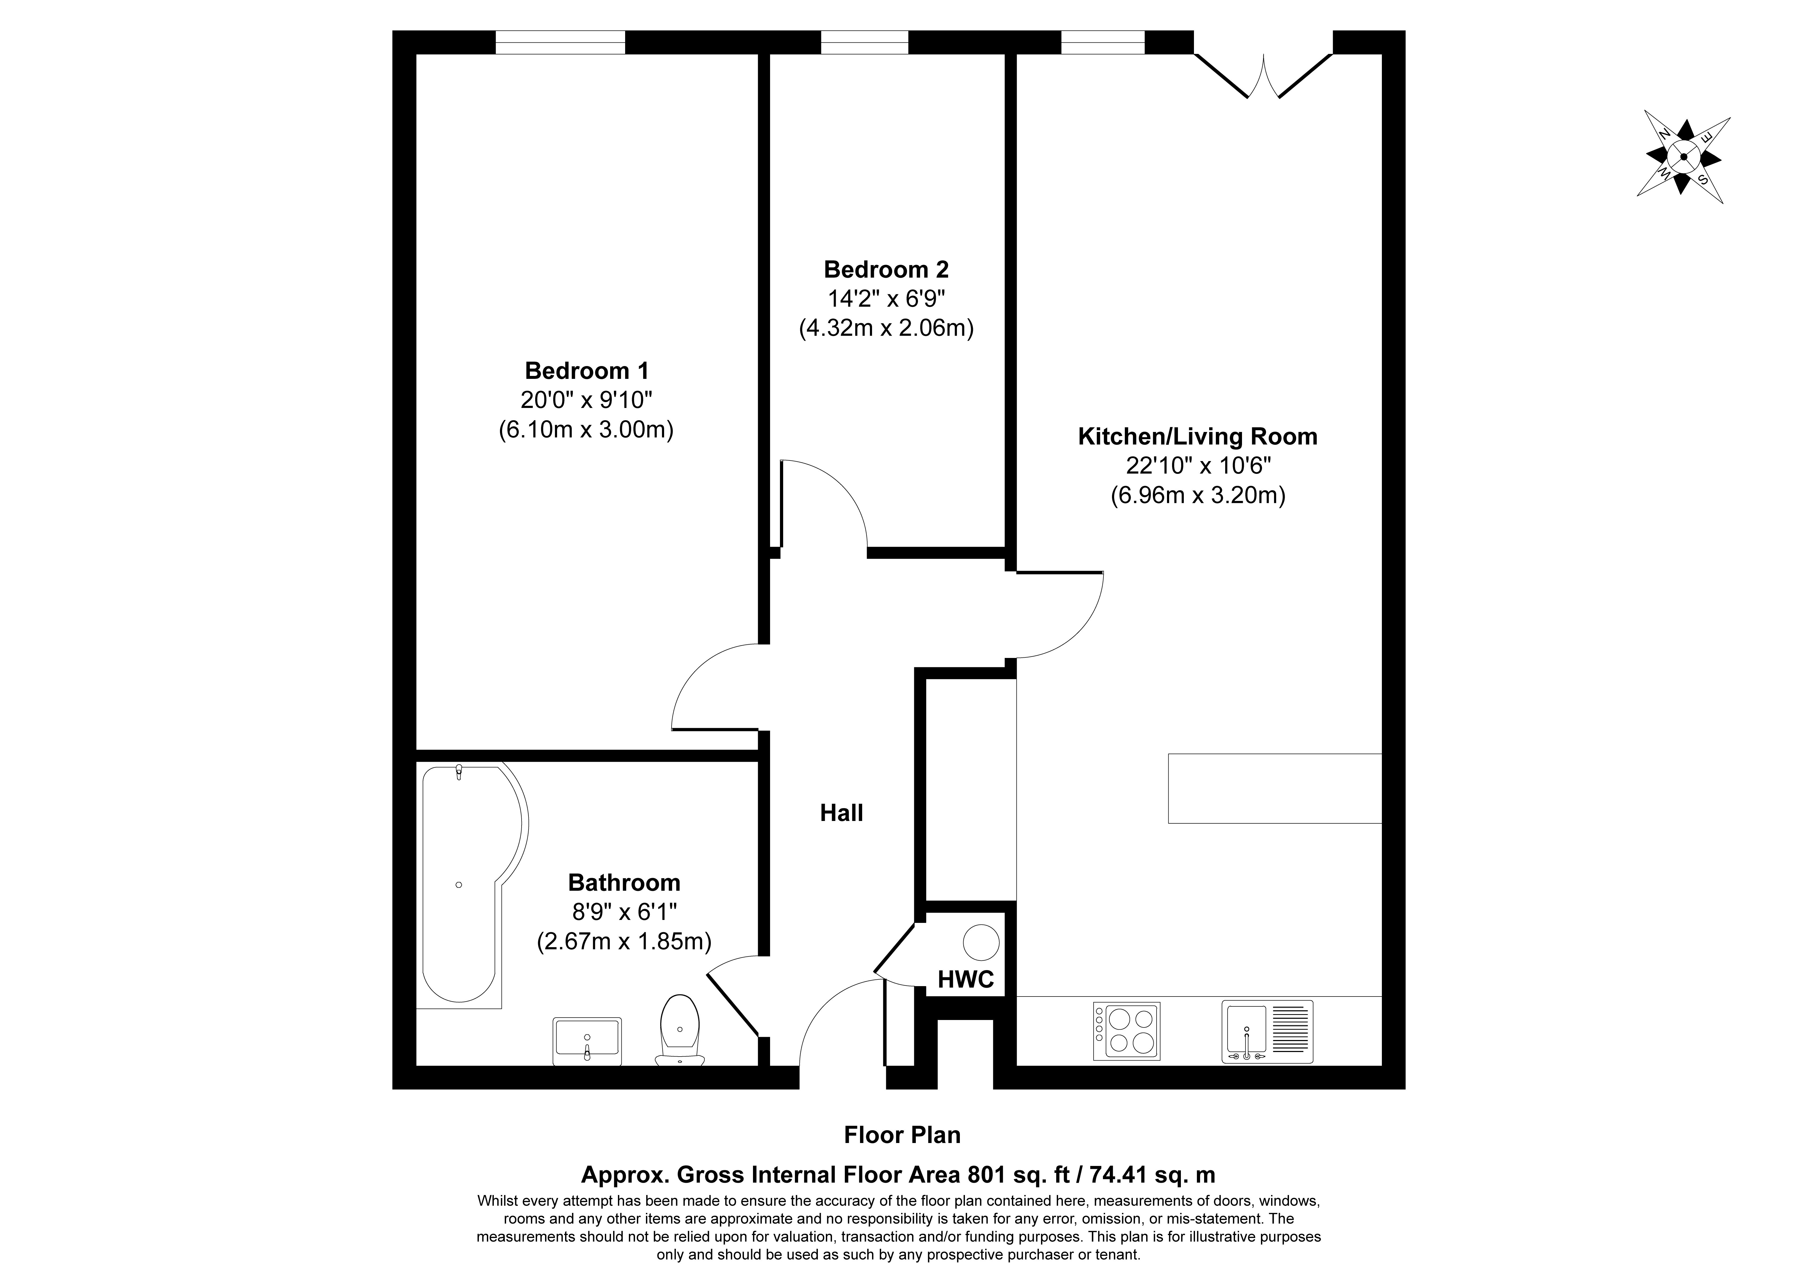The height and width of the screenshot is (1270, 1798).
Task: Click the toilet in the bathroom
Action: click(x=680, y=1030)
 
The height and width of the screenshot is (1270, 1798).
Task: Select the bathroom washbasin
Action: click(x=587, y=1041)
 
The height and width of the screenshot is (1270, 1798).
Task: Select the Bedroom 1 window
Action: click(x=561, y=42)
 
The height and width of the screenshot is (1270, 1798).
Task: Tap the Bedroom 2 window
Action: click(x=865, y=42)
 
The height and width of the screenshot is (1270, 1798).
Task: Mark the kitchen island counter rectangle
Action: click(x=1275, y=788)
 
